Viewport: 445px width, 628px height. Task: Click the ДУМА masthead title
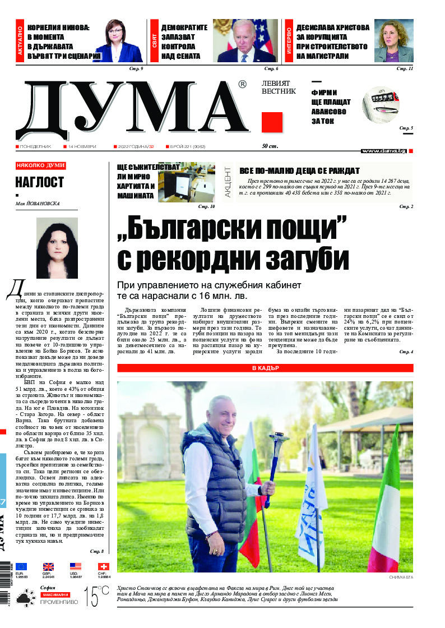click(132, 107)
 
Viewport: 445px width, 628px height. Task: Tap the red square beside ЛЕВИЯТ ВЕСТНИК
click(272, 122)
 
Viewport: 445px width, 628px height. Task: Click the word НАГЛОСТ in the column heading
click(39, 182)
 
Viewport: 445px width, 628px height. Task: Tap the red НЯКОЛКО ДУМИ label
click(41, 165)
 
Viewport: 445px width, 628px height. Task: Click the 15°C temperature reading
click(96, 596)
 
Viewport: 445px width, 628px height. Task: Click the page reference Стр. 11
click(404, 68)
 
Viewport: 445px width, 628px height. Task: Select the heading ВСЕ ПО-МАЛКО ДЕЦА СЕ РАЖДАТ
click(299, 170)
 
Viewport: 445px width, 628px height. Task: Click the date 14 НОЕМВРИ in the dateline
click(82, 147)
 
